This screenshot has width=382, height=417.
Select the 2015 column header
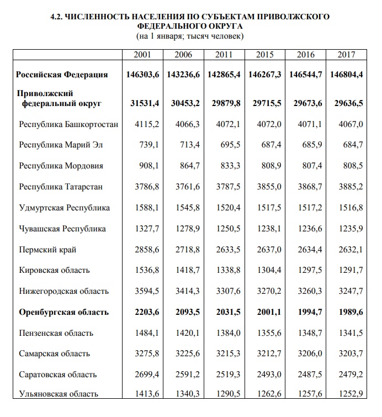point(265,55)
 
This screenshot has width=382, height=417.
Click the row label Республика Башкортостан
point(68,124)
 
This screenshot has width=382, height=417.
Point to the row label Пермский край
point(47,250)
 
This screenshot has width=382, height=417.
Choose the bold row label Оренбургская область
point(64,312)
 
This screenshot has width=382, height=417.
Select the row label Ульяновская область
point(59,394)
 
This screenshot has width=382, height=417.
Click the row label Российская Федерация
point(62,75)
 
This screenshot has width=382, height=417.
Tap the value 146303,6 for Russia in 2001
point(142,75)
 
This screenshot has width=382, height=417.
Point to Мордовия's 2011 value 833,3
point(230,166)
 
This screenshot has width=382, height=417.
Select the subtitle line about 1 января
point(190,36)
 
